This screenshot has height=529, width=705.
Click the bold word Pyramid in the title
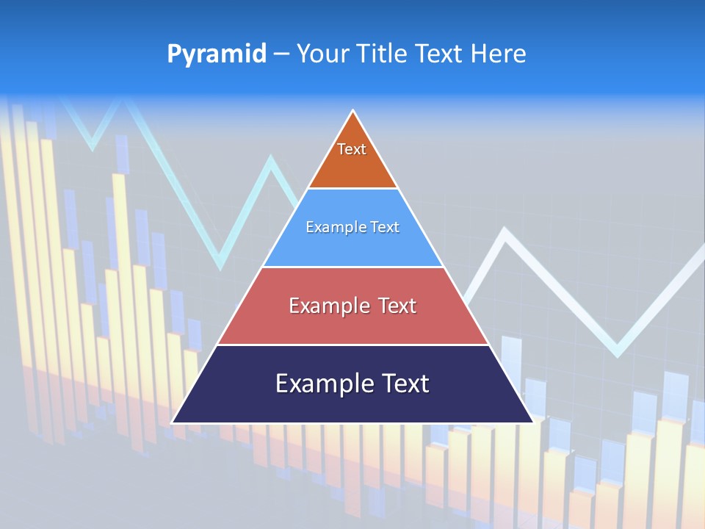tap(217, 54)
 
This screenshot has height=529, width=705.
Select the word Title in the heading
tap(380, 54)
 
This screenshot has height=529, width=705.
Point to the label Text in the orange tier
tap(352, 149)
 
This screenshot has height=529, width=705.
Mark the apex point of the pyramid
tap(352, 112)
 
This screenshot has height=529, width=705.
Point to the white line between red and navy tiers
tap(352, 345)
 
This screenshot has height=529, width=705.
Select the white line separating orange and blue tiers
tap(352, 188)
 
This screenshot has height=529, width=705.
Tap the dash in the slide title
tap(281, 54)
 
